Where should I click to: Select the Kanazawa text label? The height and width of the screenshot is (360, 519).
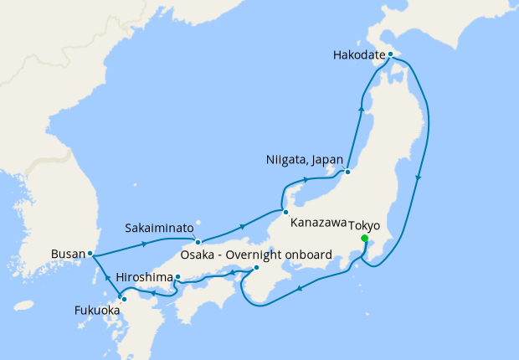tap(318, 224)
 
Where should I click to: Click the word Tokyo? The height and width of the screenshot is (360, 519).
tap(363, 226)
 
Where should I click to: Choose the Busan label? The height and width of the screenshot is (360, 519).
tap(67, 253)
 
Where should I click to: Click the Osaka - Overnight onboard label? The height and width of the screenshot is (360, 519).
tap(257, 255)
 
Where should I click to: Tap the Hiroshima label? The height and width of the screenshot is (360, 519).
tap(144, 277)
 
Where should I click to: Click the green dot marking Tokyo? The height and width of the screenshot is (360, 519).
tap(364, 239)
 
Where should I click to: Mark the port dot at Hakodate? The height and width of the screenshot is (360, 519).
tap(390, 54)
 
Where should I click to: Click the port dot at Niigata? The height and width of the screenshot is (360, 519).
tap(347, 173)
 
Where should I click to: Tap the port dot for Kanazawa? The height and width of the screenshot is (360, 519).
tap(285, 212)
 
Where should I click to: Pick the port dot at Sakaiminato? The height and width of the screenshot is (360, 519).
tap(198, 242)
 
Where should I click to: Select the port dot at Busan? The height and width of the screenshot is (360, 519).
tap(90, 253)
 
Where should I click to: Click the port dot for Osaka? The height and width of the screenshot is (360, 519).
tap(256, 269)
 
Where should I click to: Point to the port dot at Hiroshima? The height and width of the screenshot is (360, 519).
tap(177, 276)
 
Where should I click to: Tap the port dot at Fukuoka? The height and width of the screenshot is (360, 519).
tap(123, 298)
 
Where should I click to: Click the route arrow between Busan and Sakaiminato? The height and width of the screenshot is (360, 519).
tap(146, 244)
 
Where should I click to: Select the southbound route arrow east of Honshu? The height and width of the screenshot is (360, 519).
tap(419, 178)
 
